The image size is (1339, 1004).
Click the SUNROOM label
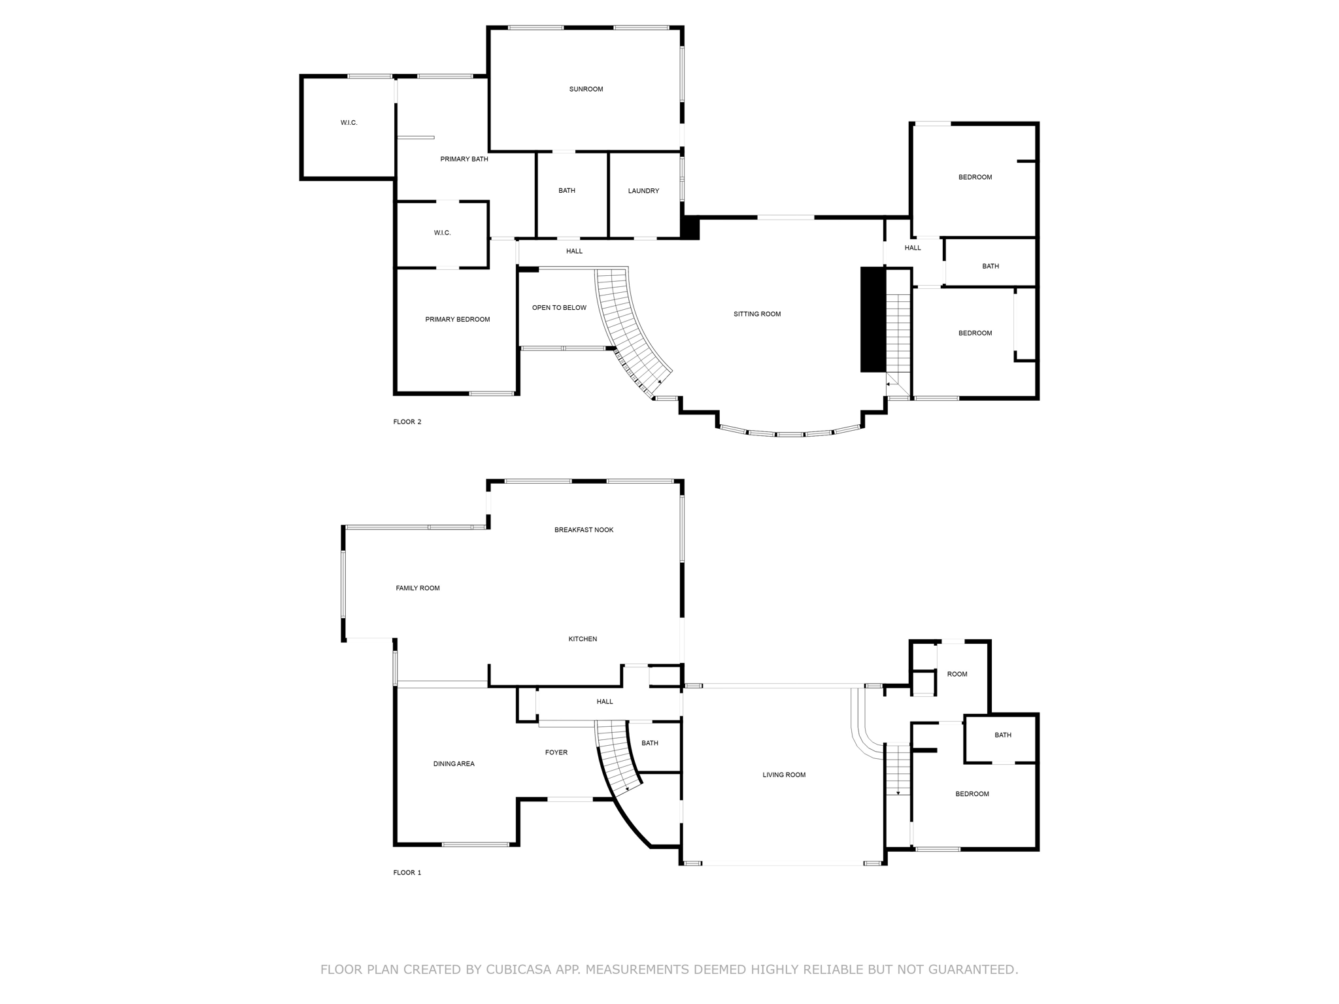(x=586, y=89)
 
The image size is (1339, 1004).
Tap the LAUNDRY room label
(x=643, y=191)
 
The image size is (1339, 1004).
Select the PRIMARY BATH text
(x=464, y=159)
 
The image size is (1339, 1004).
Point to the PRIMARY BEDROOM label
(x=458, y=320)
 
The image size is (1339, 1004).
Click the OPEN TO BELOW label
(x=559, y=308)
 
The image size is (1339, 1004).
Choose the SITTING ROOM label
(x=757, y=314)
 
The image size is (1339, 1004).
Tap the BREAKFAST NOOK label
(x=584, y=530)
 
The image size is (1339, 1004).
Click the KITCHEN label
(x=583, y=639)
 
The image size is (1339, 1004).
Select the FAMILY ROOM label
(x=418, y=588)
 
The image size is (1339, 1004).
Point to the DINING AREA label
(x=454, y=764)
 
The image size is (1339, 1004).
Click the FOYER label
(x=556, y=753)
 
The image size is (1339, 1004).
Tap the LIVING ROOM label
(x=784, y=775)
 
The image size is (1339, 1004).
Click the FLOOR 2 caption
(x=407, y=422)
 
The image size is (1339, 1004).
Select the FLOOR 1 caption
(x=407, y=873)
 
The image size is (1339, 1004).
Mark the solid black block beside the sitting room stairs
(x=872, y=320)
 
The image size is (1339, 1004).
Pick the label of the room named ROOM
(x=957, y=675)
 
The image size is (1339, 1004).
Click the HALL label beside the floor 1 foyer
(x=605, y=702)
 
